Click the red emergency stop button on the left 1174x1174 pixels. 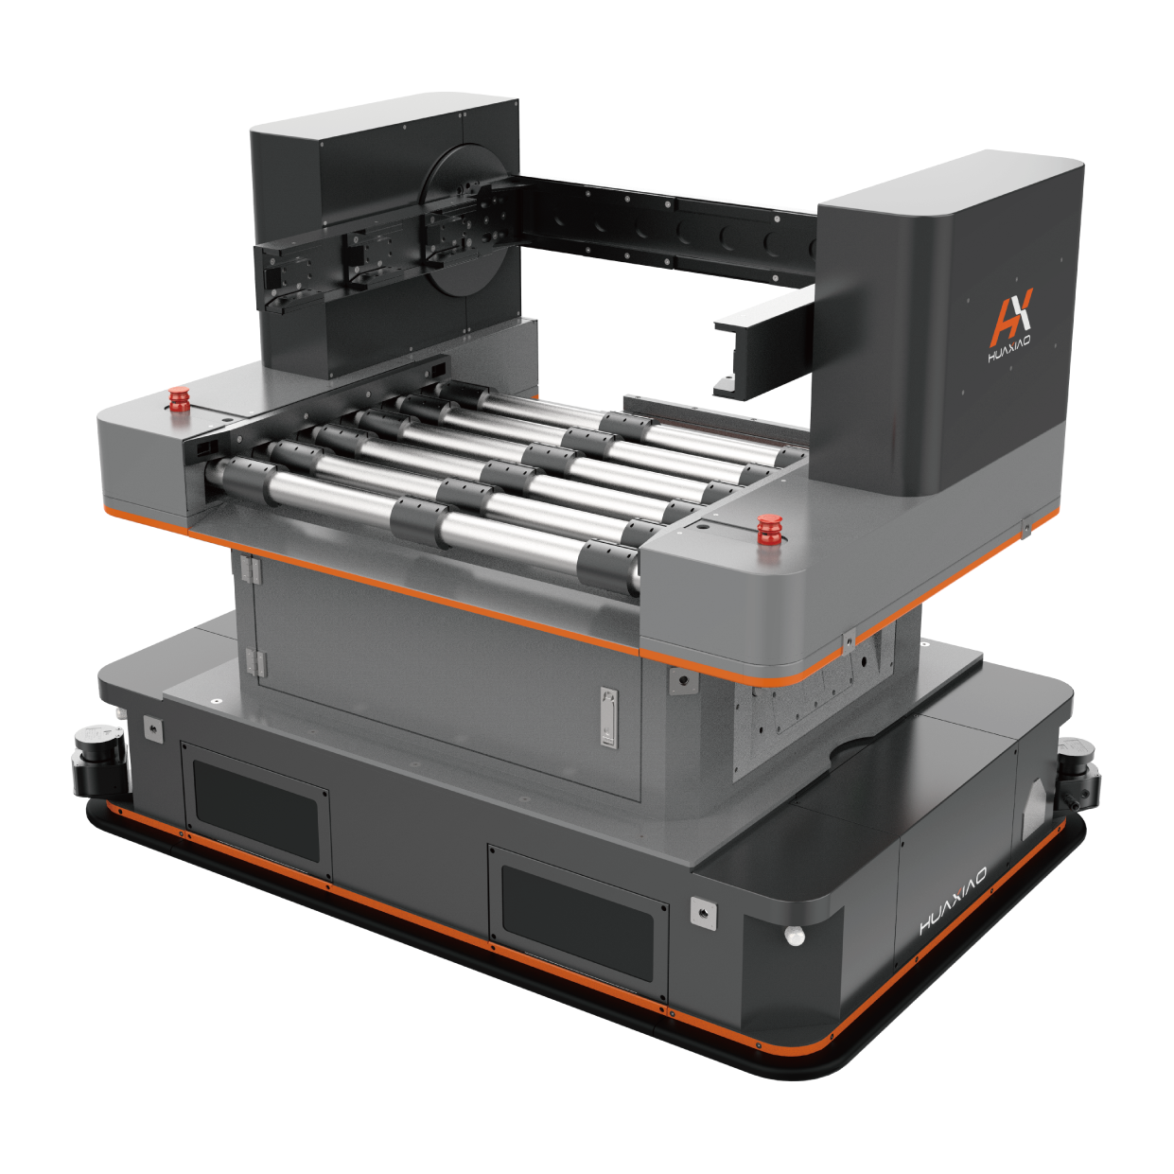(x=177, y=399)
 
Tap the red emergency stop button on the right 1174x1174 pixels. (x=770, y=531)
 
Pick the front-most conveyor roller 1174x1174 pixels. (x=426, y=519)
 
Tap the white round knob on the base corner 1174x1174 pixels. (x=795, y=936)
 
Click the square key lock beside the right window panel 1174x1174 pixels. (x=703, y=912)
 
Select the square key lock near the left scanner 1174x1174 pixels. (x=150, y=727)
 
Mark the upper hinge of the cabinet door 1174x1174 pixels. (x=250, y=569)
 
